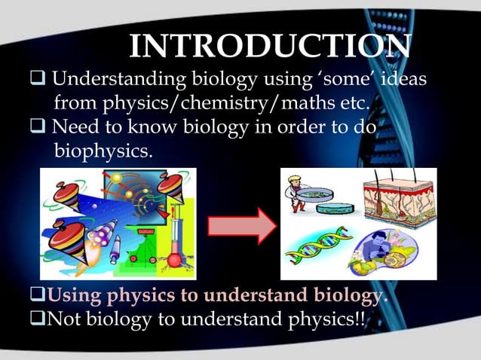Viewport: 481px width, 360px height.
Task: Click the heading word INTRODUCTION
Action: tap(270, 46)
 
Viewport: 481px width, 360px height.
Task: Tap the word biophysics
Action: tap(103, 151)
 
